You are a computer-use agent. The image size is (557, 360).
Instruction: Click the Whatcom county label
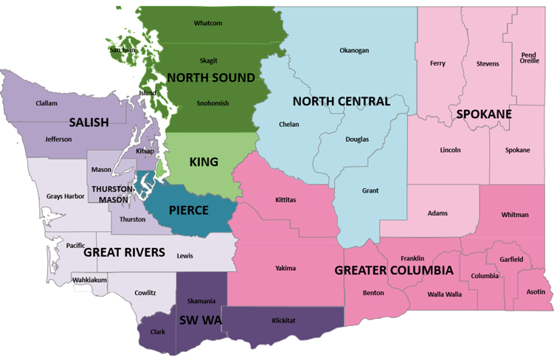coord(208,23)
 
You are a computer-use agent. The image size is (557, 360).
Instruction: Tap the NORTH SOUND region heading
coord(211,77)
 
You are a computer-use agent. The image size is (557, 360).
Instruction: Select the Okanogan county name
coord(354,50)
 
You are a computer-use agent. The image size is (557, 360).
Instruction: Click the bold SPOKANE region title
coord(484,114)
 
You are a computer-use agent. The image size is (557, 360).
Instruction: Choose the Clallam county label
coord(46,103)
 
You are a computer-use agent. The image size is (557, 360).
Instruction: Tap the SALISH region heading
coord(89,122)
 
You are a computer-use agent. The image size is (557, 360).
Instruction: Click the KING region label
coord(204,162)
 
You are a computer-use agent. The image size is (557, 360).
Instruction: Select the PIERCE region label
coord(188,210)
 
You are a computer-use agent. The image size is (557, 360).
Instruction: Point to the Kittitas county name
coord(286,200)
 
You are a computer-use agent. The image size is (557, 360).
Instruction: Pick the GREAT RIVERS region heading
coord(124,252)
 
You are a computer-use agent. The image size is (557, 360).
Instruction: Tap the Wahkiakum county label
coord(89,280)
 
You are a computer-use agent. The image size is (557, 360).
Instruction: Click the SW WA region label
coord(200,321)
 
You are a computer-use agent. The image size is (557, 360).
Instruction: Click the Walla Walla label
coord(445,294)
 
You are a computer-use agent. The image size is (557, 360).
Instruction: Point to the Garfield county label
coord(511,260)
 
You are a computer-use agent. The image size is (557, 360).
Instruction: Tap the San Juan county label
coord(122,50)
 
